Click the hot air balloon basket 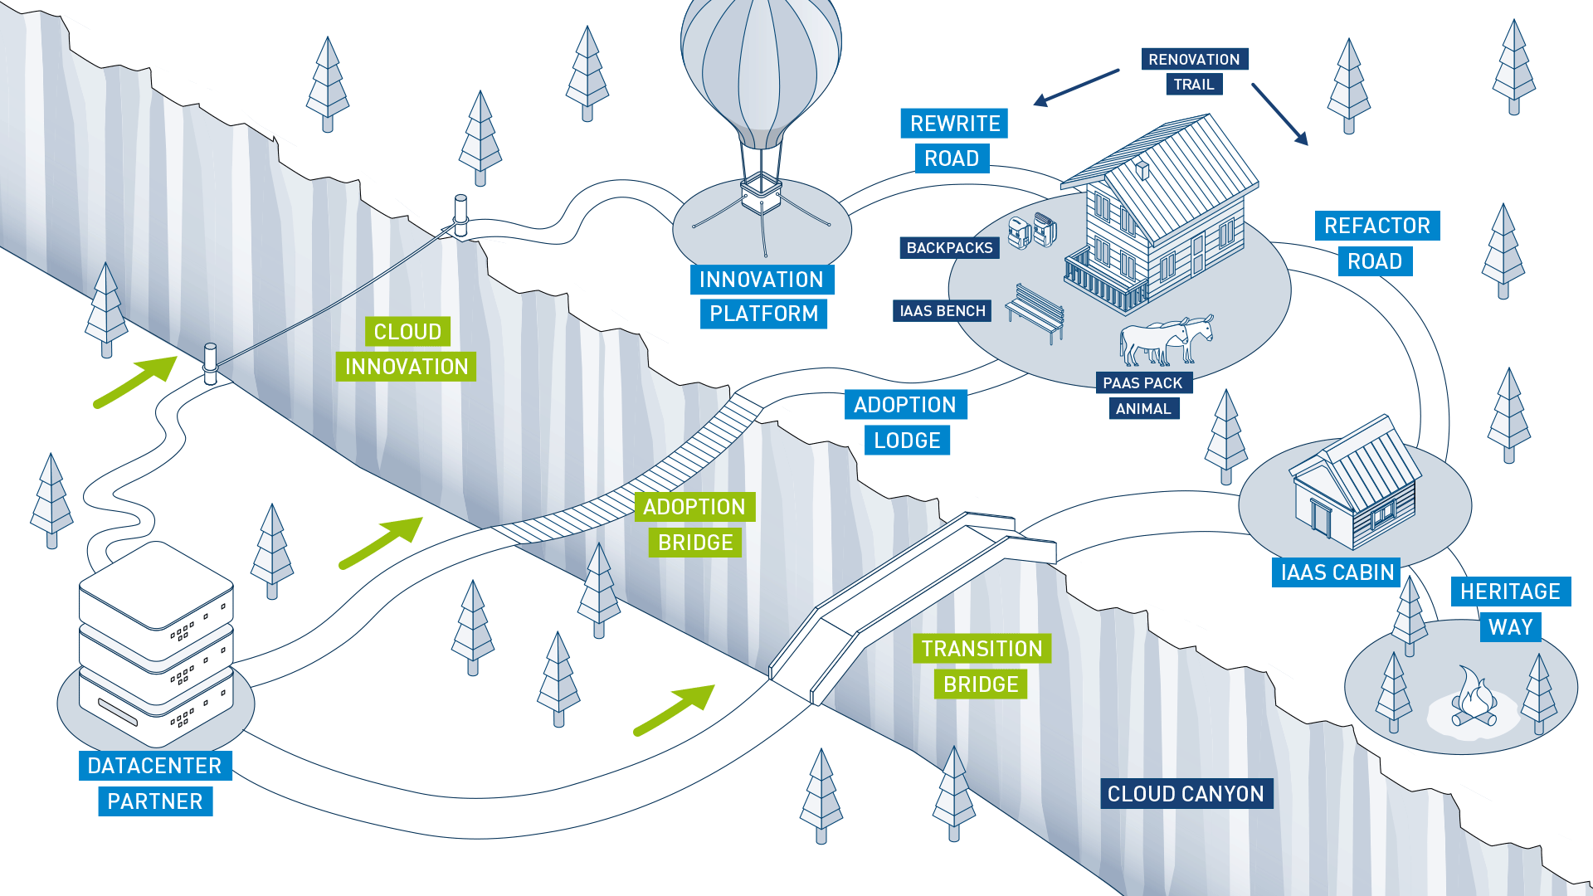761,195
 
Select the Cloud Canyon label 1186,794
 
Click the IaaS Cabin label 1337,572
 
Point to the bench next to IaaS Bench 1036,312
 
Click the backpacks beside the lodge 1033,231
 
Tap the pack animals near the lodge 1166,339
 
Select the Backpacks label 949,248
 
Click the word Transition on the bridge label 982,649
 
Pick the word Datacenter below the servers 155,766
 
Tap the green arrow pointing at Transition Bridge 673,709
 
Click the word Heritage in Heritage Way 1510,592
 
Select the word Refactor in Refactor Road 1376,226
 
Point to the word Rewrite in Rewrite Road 954,124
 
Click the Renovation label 1194,60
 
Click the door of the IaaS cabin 1321,516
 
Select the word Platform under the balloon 763,314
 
